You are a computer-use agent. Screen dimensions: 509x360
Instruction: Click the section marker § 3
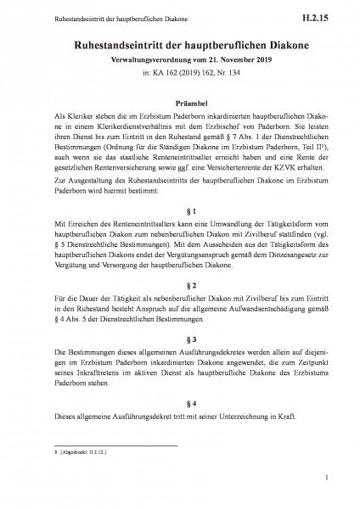pyautogui.click(x=179, y=338)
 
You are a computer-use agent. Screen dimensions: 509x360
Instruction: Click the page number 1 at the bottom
pyautogui.click(x=326, y=479)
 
